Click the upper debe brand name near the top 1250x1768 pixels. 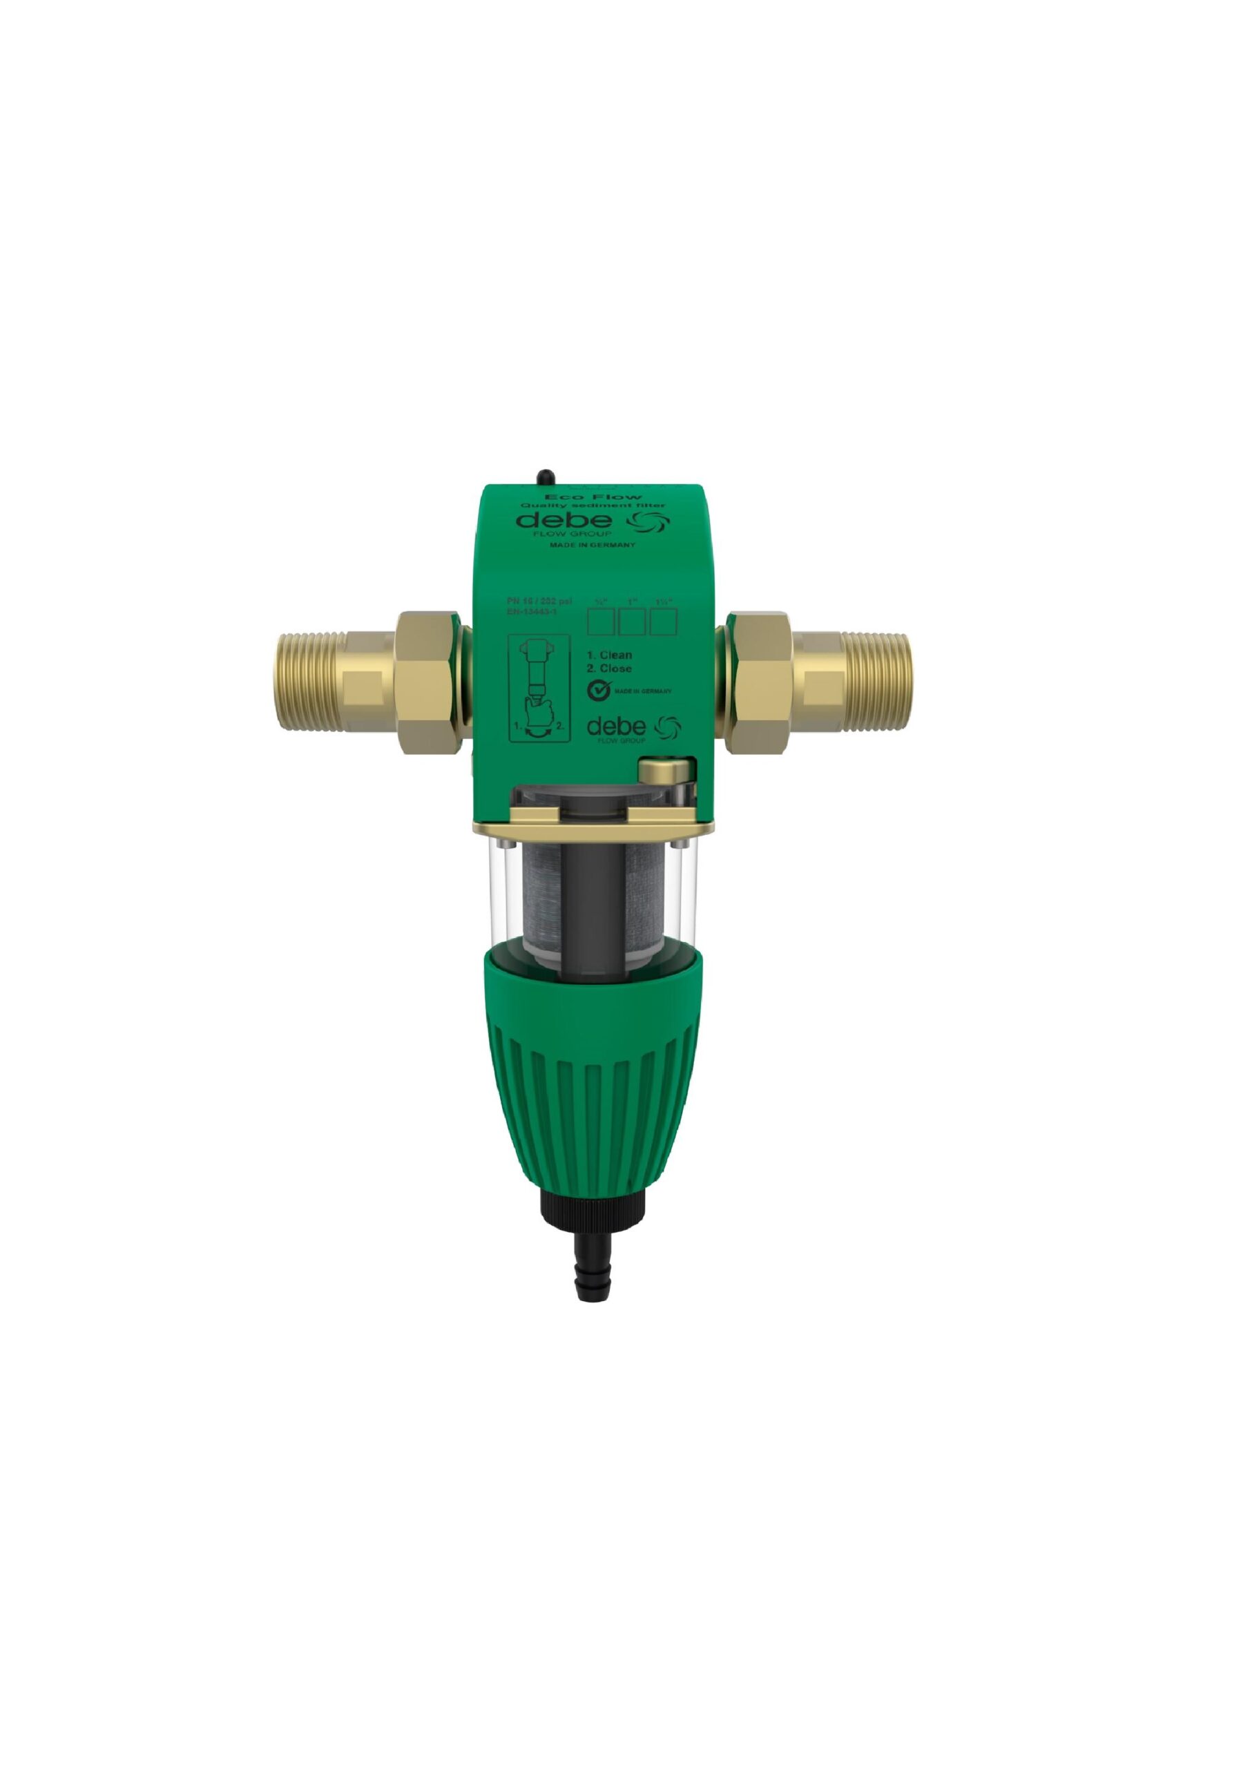(564, 521)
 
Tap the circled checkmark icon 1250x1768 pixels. (600, 691)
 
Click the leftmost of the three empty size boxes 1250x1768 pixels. (601, 622)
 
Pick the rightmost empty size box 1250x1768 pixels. (663, 622)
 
